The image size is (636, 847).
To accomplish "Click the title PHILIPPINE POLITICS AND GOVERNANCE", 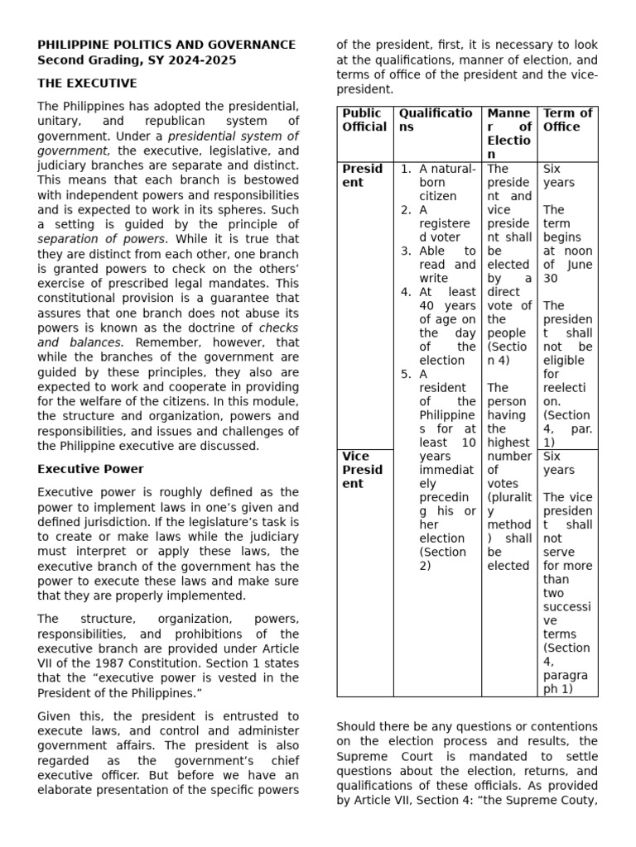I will point(166,45).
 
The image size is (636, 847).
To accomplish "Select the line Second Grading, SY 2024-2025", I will point(137,60).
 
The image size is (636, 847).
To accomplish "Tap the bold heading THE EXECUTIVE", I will point(87,84).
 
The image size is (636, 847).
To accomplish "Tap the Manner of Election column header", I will point(509,133).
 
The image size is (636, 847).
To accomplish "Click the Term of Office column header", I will point(567,120).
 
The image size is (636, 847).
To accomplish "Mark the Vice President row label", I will point(363,470).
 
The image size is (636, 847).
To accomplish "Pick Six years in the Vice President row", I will point(558,462).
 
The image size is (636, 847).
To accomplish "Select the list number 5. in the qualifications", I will point(407,374).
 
